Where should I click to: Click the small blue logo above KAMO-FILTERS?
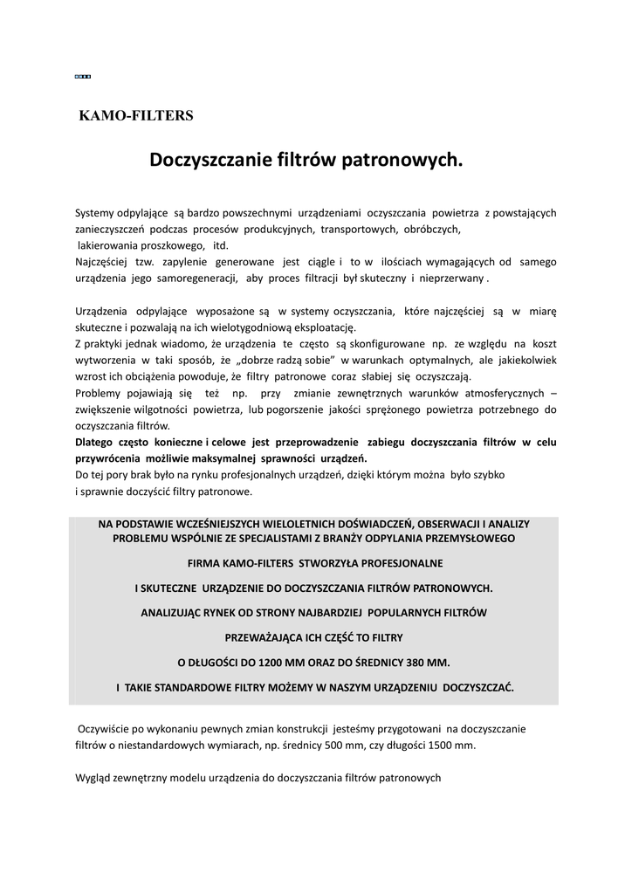click(x=83, y=78)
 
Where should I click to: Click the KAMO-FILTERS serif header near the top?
click(x=136, y=114)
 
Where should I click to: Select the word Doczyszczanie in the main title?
click(x=210, y=160)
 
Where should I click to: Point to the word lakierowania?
click(x=106, y=245)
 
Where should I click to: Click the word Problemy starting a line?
click(x=101, y=392)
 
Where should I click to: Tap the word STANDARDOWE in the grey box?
click(x=199, y=686)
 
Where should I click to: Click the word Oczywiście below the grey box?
click(x=108, y=728)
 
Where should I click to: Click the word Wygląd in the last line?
click(x=94, y=777)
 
